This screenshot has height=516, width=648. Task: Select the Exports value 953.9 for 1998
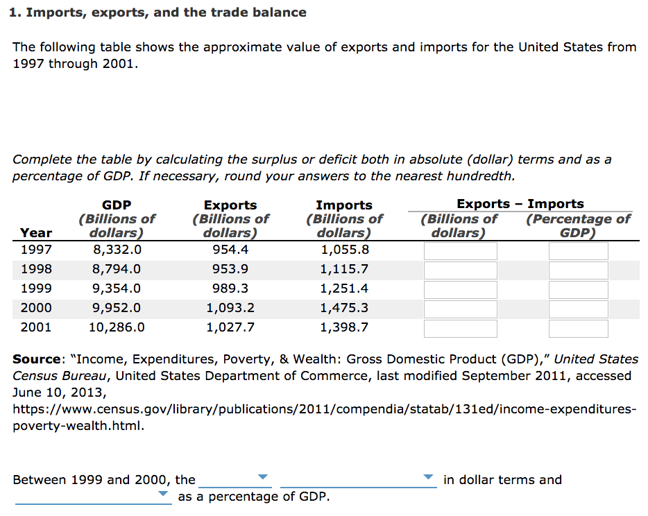(x=230, y=269)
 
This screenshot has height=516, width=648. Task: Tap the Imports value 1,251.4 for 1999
(x=343, y=289)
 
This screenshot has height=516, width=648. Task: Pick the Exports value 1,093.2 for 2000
(x=230, y=308)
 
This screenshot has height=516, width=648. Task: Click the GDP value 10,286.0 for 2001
(x=117, y=327)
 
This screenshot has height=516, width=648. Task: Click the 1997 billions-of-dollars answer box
(x=460, y=250)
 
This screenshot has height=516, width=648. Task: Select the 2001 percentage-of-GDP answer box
(x=578, y=328)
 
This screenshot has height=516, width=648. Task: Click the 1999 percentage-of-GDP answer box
(x=578, y=289)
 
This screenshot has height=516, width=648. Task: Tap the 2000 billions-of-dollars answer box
(x=460, y=309)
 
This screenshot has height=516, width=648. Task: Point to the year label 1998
(x=36, y=269)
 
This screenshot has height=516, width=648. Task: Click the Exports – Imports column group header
(x=520, y=204)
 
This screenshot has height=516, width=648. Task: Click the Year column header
(x=36, y=233)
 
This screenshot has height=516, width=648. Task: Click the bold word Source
(x=37, y=359)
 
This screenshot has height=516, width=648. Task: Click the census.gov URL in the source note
(x=323, y=409)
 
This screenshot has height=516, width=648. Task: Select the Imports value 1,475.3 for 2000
(x=343, y=308)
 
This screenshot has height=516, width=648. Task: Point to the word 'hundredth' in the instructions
(x=479, y=176)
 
